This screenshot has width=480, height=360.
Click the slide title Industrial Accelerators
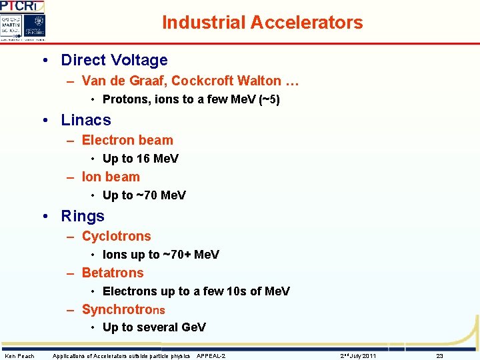[x=262, y=23]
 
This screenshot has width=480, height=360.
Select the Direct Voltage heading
[x=114, y=60]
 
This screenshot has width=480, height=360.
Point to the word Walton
[x=261, y=81]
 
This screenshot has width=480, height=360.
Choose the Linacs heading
[x=86, y=120]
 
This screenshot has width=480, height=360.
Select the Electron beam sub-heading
[x=127, y=141]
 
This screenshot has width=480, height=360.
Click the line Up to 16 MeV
[x=141, y=159]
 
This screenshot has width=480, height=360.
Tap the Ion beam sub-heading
[x=111, y=177]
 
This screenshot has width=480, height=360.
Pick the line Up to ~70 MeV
[x=144, y=195]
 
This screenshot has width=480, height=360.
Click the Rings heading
[x=83, y=216]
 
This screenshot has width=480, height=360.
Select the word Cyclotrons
[x=117, y=237]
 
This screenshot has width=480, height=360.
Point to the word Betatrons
[x=113, y=273]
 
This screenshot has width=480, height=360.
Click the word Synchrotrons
[x=123, y=309]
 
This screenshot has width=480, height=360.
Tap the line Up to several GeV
[x=154, y=327]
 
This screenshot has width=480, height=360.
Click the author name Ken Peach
[x=20, y=356]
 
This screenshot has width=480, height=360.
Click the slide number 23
[x=439, y=356]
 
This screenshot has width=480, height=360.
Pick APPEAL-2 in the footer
[x=211, y=356]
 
